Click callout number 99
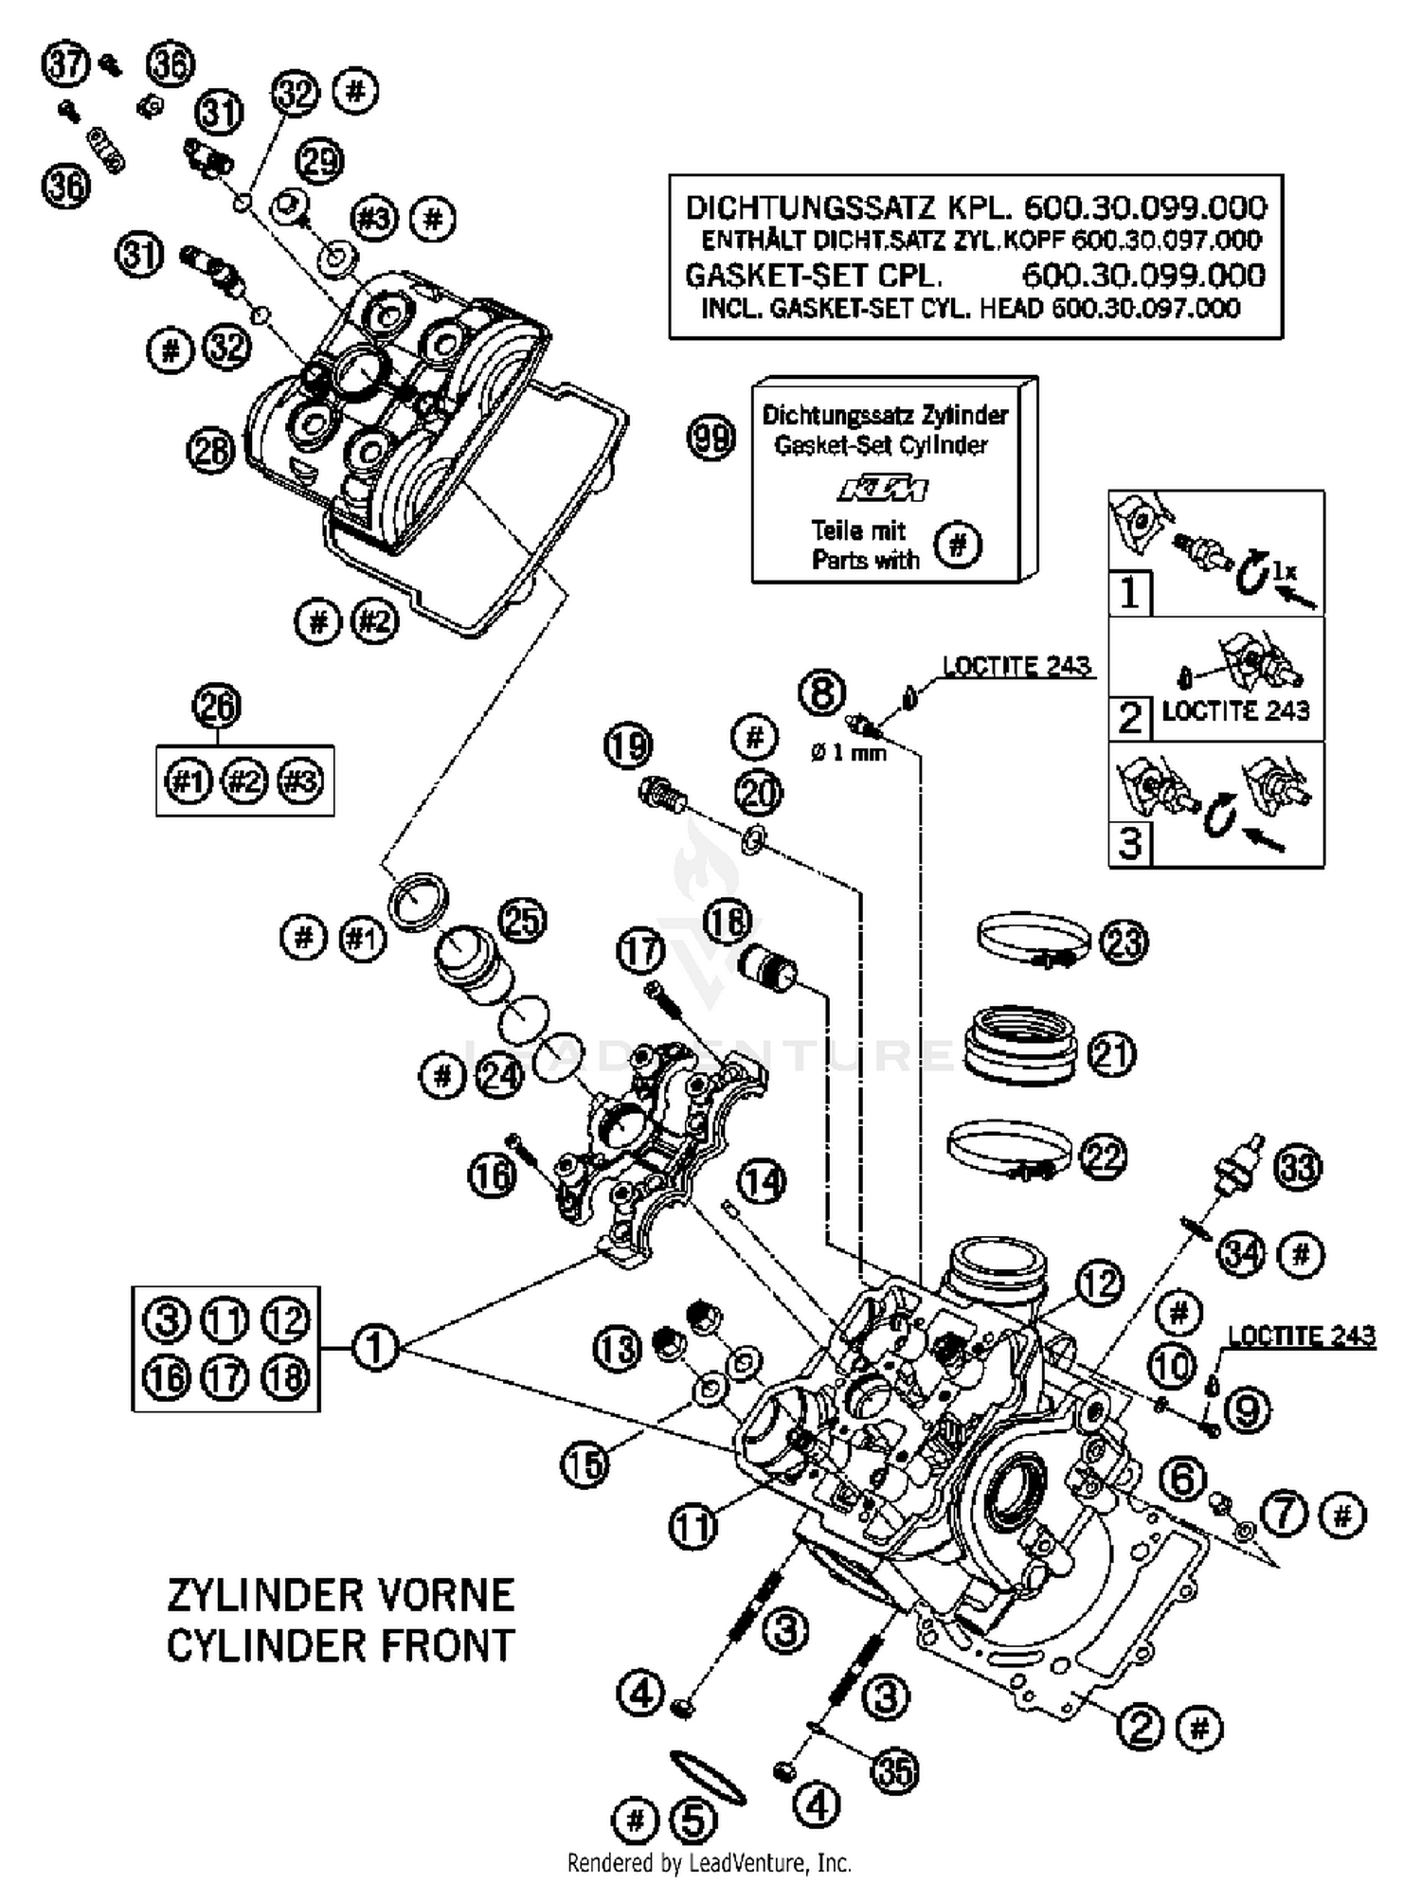710,439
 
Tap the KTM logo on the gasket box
882,490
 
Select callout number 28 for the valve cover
210,449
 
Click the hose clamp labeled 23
1034,941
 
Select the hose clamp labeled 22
1011,1154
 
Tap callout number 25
523,921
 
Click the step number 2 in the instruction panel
1129,718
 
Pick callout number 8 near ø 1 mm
820,692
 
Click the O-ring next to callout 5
707,1777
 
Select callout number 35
894,1769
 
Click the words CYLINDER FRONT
340,1645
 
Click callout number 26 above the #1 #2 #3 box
217,707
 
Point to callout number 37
66,64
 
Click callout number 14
762,1181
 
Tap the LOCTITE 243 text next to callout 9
1301,1336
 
